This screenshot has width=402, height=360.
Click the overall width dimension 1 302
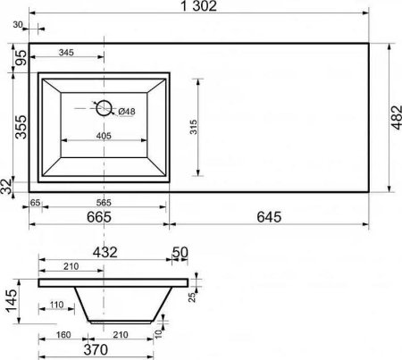(x=199, y=6)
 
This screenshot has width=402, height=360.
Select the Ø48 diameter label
(x=127, y=112)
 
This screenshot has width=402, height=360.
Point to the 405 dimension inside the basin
(x=104, y=136)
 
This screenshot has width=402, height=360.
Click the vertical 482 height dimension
(x=397, y=117)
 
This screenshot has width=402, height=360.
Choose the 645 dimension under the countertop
(x=269, y=217)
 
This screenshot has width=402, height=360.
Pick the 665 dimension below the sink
(x=99, y=217)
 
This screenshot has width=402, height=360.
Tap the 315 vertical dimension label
(x=193, y=127)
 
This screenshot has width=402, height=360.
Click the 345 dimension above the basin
(x=66, y=53)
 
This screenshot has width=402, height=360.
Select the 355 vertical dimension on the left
(x=21, y=127)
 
